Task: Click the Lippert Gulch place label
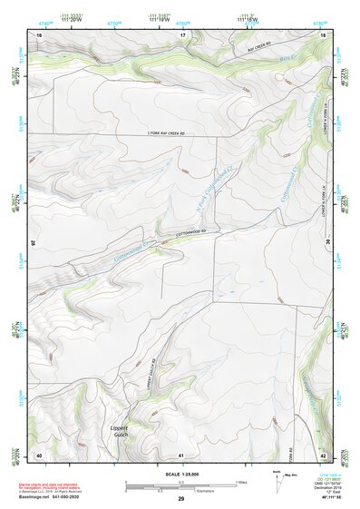tap(122, 431)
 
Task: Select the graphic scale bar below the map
tap(181, 485)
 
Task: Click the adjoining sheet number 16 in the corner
tap(39, 34)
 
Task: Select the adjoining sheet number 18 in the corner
tap(323, 34)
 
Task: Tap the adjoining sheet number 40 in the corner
tap(39, 455)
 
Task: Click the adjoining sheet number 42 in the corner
tap(323, 455)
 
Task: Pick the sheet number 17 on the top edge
tap(181, 34)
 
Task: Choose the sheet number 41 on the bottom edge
tap(181, 455)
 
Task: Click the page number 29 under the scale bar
tap(181, 499)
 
